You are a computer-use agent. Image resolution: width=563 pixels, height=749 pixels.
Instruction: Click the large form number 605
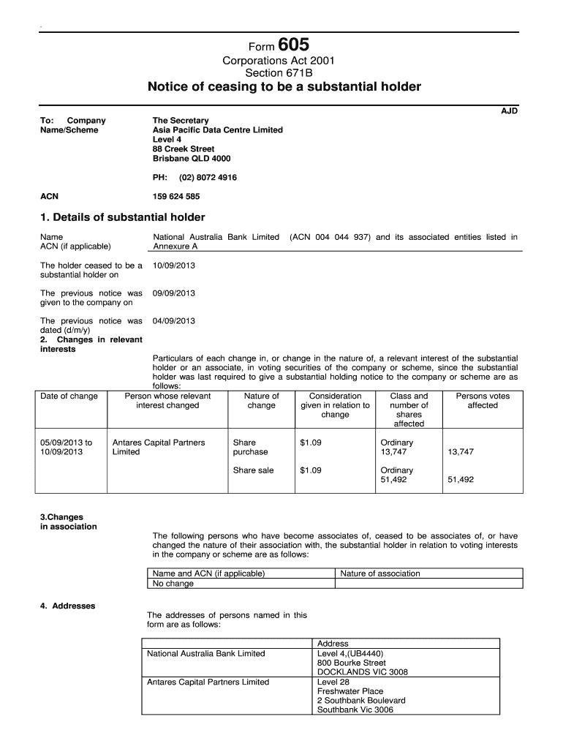303,46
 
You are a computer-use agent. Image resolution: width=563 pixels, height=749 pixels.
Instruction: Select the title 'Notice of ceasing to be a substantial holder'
284,87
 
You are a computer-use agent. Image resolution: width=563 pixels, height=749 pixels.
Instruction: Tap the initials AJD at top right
509,110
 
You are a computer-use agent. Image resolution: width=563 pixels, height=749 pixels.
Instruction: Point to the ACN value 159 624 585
176,197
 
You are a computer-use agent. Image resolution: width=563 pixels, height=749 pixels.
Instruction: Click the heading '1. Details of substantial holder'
122,217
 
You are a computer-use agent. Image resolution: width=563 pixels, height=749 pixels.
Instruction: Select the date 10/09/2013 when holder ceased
174,266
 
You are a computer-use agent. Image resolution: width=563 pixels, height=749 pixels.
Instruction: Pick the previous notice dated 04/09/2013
174,321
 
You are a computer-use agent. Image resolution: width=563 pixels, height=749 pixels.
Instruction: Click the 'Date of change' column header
69,396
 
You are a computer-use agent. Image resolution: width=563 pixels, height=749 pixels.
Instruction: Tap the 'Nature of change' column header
262,401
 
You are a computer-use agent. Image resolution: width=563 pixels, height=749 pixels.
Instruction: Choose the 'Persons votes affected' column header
483,401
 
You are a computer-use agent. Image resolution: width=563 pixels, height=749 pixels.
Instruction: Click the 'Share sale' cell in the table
253,470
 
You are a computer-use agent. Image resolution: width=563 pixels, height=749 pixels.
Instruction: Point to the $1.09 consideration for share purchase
311,443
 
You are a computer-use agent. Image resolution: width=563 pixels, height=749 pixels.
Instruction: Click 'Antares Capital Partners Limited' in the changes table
158,447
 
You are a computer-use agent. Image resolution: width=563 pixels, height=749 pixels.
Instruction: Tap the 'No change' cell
173,584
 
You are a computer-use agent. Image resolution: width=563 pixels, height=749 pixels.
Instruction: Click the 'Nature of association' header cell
380,573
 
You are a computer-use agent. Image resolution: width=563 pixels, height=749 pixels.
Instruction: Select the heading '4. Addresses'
67,606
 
